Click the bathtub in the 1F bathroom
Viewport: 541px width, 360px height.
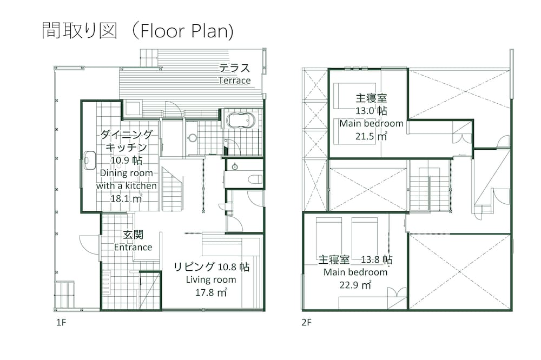click(241, 121)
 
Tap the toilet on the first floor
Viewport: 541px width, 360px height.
click(255, 179)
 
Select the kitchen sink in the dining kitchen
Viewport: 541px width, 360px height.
click(90, 161)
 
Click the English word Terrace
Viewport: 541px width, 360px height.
click(235, 81)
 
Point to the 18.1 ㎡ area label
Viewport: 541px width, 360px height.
click(126, 198)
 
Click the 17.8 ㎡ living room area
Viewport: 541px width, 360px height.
click(211, 292)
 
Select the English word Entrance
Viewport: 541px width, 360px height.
click(133, 247)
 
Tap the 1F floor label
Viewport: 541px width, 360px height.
click(61, 322)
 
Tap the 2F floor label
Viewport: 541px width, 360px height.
click(306, 322)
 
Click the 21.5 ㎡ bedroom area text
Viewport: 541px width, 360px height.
click(371, 136)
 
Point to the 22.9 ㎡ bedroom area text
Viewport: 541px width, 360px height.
click(355, 285)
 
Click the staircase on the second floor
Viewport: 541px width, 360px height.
click(430, 189)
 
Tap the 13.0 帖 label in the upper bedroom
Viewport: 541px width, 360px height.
click(371, 111)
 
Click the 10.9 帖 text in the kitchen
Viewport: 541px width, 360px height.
click(126, 161)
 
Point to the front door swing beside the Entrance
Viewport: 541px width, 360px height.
click(90, 245)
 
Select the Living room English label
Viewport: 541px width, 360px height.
click(211, 279)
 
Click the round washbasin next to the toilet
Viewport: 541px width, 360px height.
click(235, 167)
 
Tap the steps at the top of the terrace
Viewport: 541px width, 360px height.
click(149, 58)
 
